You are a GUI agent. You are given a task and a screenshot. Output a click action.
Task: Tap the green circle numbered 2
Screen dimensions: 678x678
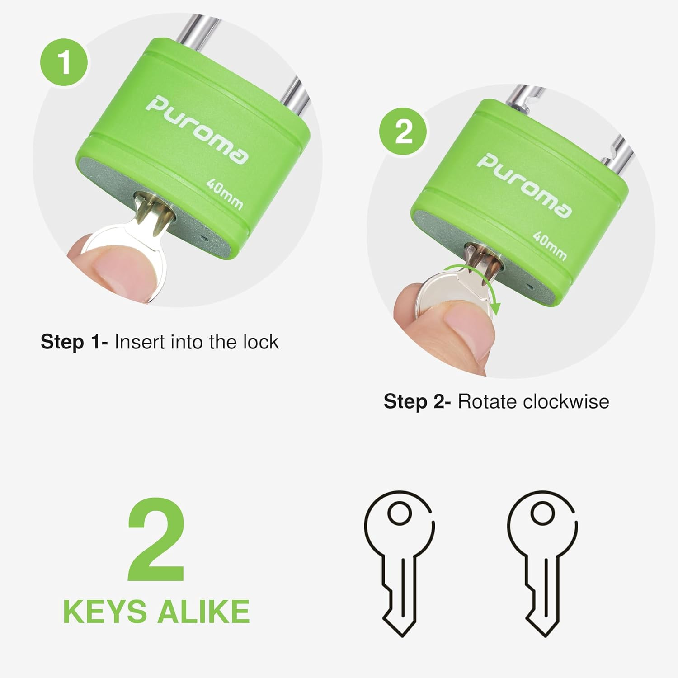(403, 132)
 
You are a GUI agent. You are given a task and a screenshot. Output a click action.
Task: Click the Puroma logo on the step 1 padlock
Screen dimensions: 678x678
(197, 130)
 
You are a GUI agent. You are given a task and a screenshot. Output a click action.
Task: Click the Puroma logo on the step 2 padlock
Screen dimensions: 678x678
(524, 186)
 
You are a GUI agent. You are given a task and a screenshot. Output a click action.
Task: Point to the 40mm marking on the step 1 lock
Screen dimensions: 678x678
(225, 194)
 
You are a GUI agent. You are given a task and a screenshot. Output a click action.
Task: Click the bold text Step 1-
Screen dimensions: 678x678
(74, 343)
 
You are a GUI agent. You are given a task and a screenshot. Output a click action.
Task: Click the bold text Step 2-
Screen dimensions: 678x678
(417, 402)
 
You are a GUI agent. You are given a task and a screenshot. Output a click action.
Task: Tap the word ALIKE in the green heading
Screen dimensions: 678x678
(203, 612)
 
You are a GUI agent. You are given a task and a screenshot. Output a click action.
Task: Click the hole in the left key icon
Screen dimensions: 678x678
(400, 513)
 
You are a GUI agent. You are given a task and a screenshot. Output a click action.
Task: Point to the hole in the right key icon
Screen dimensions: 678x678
(542, 513)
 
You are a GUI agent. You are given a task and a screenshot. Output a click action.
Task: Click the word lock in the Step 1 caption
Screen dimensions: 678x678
(261, 342)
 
